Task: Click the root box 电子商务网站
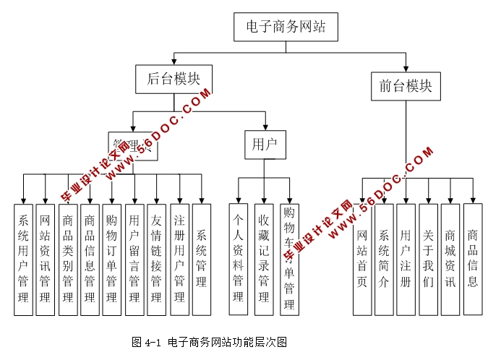click(x=286, y=27)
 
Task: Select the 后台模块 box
click(x=173, y=80)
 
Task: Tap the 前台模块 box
click(x=406, y=86)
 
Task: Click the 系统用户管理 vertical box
click(x=24, y=260)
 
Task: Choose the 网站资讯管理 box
click(x=46, y=260)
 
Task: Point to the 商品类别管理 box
click(x=68, y=260)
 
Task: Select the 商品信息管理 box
click(x=90, y=260)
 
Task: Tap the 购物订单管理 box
click(x=112, y=260)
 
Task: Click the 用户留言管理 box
click(x=134, y=260)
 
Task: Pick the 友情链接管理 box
click(x=156, y=260)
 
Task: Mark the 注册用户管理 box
click(x=179, y=260)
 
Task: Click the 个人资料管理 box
click(x=239, y=260)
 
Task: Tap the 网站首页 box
click(x=362, y=260)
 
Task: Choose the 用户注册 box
click(x=406, y=260)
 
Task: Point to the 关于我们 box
click(x=429, y=260)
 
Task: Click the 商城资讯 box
click(x=450, y=260)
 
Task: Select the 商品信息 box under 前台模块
click(x=473, y=260)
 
